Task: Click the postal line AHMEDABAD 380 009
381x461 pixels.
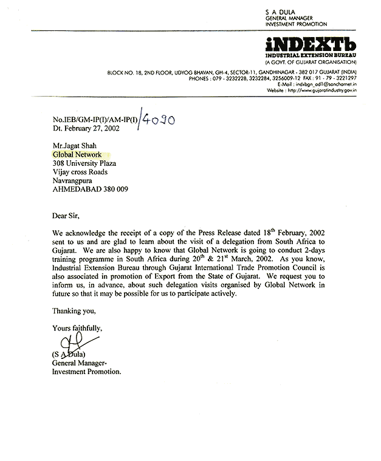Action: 90,189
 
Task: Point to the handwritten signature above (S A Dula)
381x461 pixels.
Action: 67,346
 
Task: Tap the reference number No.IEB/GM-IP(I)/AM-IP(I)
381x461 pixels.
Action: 94,120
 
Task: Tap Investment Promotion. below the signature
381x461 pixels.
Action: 87,371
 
